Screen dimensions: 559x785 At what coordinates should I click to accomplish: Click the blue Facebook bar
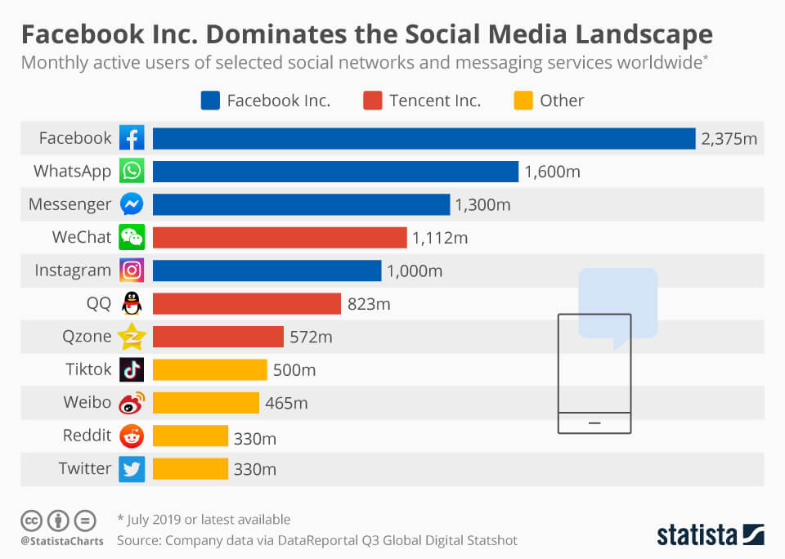424,138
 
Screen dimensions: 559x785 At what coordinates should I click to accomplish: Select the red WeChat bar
279,237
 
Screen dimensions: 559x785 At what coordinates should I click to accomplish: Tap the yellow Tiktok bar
209,369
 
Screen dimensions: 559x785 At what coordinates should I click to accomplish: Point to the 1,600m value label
553,172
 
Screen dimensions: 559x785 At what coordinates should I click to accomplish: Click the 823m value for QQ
369,304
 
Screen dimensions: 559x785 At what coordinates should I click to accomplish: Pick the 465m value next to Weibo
286,403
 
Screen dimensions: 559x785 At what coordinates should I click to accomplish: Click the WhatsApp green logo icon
132,172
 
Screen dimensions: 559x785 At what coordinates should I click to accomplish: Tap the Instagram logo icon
132,270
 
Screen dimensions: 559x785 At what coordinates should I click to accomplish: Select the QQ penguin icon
132,303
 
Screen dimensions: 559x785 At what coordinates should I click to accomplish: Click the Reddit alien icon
132,436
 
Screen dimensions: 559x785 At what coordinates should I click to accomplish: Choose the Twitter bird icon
132,468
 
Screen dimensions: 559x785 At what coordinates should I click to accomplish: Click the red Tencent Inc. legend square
373,101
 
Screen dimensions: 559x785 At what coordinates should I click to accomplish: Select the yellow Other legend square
523,101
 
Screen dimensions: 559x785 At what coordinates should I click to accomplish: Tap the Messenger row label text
70,204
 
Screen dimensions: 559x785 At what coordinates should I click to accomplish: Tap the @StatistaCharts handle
62,541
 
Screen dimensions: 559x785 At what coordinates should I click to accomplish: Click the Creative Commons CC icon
31,520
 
